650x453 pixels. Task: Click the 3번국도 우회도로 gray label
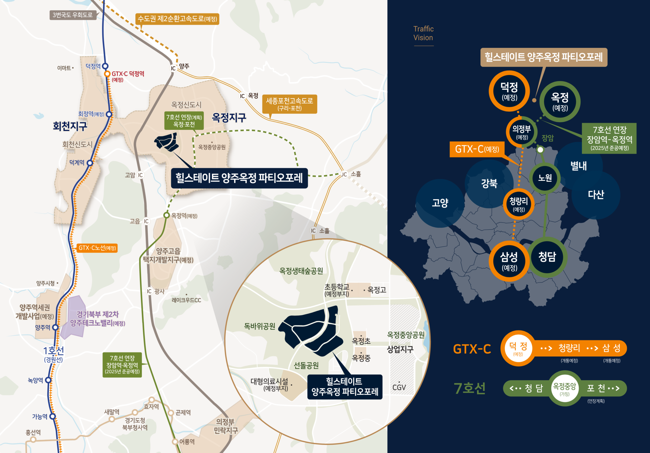click(x=72, y=15)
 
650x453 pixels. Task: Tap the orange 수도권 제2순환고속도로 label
click(x=177, y=19)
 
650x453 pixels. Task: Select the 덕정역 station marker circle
click(x=105, y=66)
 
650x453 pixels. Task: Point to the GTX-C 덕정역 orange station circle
click(x=107, y=74)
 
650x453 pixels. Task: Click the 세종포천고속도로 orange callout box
click(x=289, y=104)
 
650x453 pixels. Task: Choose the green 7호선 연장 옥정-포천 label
click(x=184, y=121)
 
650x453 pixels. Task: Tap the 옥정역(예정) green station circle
click(x=166, y=215)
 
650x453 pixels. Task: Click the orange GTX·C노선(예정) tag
click(x=97, y=248)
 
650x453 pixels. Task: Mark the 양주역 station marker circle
click(x=56, y=327)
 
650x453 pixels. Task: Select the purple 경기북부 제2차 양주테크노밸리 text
click(x=97, y=319)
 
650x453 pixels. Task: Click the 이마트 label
click(x=64, y=68)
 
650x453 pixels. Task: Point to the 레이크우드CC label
click(x=186, y=300)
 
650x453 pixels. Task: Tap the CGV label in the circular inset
click(x=399, y=387)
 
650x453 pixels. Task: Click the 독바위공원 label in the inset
click(x=260, y=326)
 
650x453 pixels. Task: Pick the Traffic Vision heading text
click(x=423, y=33)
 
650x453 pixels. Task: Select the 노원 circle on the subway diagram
click(x=545, y=178)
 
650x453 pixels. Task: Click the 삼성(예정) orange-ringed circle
click(x=509, y=261)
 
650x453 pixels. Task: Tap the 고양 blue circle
click(x=440, y=203)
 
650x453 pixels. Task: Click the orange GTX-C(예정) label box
click(x=477, y=149)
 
